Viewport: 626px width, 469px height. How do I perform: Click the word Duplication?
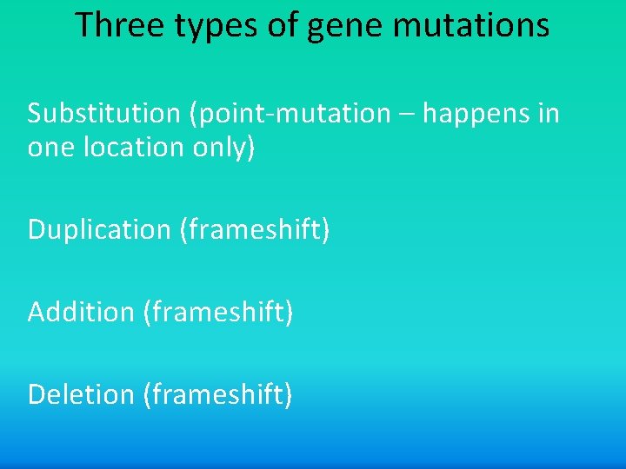(x=99, y=230)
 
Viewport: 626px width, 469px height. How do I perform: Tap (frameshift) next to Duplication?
(x=255, y=230)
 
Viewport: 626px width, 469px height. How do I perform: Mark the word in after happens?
(x=548, y=114)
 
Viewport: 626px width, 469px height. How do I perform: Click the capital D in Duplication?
(x=37, y=230)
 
